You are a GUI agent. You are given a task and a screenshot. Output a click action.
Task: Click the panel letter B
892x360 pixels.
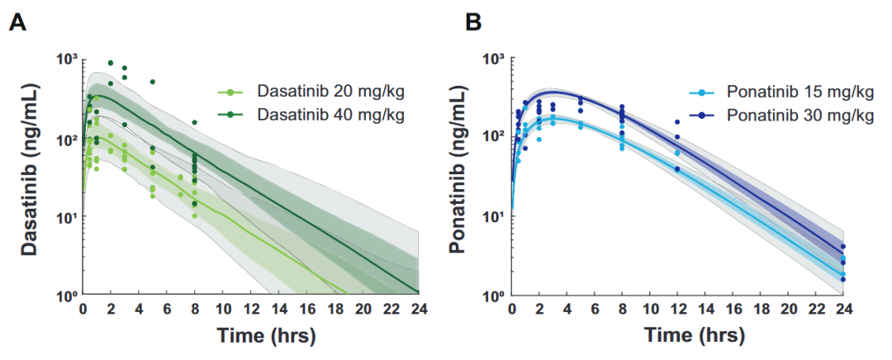point(473,23)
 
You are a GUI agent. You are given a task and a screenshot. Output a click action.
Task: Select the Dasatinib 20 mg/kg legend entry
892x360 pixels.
point(311,92)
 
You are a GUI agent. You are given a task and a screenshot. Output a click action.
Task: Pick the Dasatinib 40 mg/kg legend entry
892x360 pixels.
point(311,115)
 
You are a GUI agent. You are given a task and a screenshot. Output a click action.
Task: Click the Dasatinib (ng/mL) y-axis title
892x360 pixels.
point(32,171)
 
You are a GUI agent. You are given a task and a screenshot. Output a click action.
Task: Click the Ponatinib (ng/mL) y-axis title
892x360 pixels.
point(459,171)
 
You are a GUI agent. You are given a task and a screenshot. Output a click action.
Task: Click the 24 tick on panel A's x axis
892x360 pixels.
point(418,310)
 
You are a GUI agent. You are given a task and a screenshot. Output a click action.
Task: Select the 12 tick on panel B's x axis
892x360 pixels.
point(677,310)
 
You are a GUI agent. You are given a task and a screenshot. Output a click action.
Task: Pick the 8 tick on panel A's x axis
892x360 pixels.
point(195,310)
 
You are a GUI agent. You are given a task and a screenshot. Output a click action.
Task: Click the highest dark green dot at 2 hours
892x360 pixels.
point(111,63)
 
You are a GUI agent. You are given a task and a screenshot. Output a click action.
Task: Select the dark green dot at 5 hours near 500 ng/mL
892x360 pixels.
point(153,82)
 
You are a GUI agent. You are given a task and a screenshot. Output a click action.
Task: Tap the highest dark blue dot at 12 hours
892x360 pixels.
point(677,121)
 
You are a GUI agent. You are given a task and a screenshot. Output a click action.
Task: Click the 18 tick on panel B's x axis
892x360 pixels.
point(761,310)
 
